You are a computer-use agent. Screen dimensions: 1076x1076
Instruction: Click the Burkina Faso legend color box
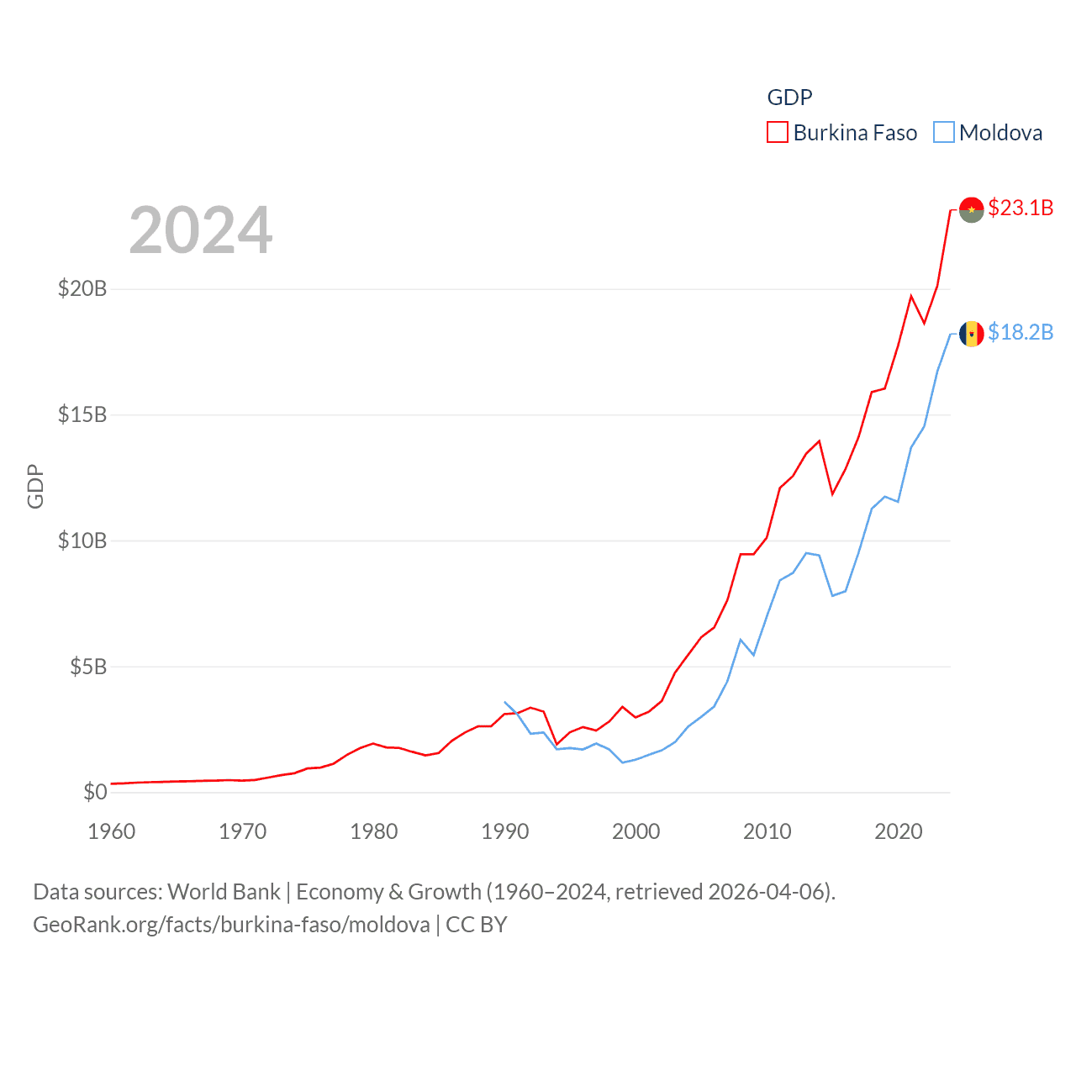[x=777, y=133]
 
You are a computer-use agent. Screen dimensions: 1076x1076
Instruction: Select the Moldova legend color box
[x=944, y=133]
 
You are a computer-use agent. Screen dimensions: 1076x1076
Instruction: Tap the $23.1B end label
[x=1021, y=208]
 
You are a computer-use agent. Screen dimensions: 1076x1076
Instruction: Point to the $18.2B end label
[x=1021, y=333]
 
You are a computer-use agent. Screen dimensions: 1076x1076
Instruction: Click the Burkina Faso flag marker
[x=971, y=210]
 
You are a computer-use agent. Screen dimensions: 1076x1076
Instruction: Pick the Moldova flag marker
[x=971, y=334]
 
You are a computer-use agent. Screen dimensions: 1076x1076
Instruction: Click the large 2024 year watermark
[x=201, y=230]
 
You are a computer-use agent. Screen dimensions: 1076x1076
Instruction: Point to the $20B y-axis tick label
[x=82, y=289]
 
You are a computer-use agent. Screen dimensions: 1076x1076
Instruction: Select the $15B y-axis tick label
[x=82, y=414]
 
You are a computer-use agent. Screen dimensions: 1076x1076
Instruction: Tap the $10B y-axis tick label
[x=82, y=541]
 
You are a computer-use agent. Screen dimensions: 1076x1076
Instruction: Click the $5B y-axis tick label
[x=88, y=667]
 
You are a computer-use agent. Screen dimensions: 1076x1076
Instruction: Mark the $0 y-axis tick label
[x=95, y=792]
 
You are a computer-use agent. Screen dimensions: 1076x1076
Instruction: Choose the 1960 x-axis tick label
[x=112, y=831]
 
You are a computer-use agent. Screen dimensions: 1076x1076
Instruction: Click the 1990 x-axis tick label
[x=505, y=831]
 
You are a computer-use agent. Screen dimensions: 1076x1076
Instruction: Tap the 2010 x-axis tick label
[x=767, y=831]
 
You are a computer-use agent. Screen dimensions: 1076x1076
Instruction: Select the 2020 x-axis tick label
[x=899, y=831]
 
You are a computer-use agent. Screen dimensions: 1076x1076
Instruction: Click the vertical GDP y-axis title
[x=35, y=486]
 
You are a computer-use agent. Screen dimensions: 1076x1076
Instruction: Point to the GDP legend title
[x=789, y=98]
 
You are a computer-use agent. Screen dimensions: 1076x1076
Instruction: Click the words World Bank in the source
[x=224, y=892]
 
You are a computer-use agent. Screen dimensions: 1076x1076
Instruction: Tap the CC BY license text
[x=477, y=925]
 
